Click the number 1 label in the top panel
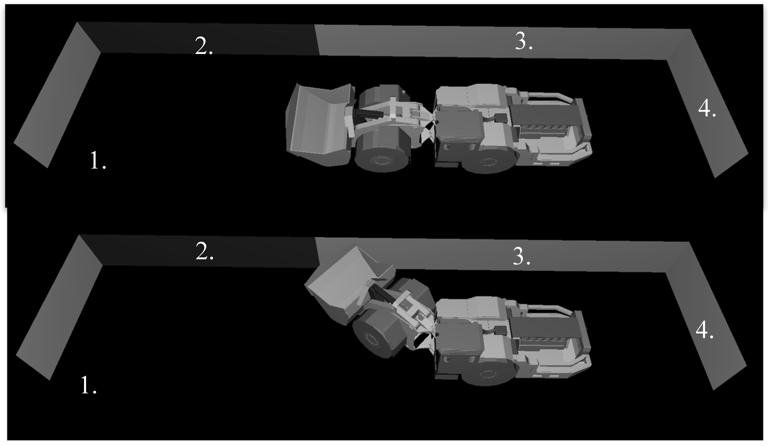tap(98, 161)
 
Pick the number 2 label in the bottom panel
tap(205, 252)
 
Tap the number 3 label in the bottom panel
tap(521, 256)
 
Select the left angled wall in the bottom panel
tap(58, 308)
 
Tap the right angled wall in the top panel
tap(707, 104)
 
